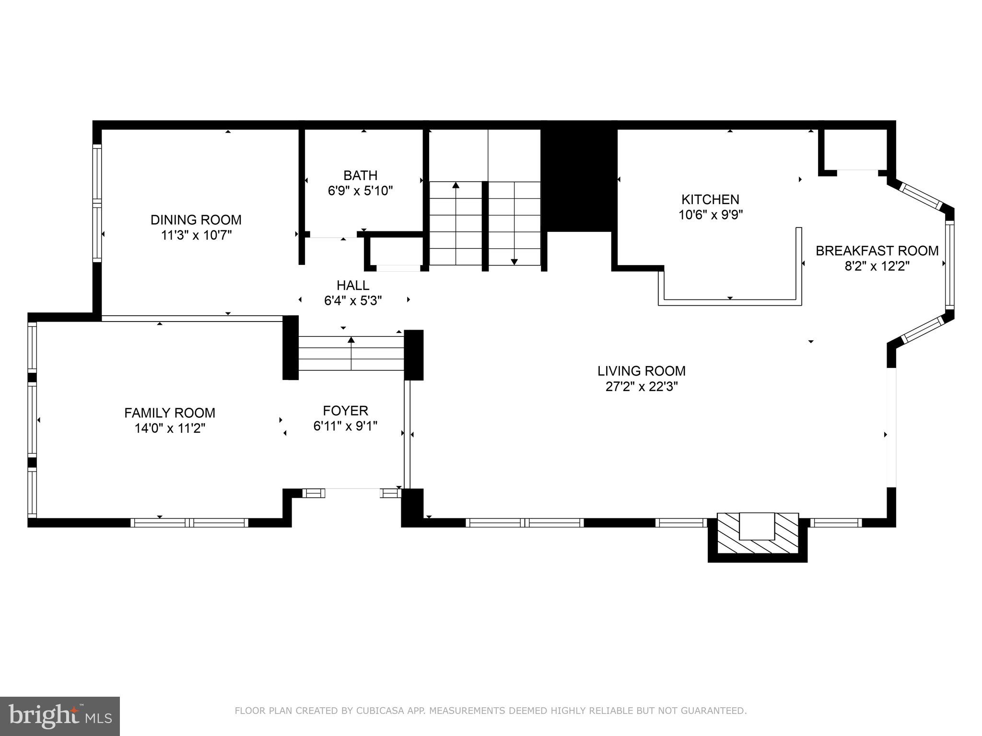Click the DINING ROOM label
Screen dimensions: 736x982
pos(196,220)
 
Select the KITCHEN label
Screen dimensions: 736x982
pos(710,199)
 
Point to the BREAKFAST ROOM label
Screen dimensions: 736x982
pos(877,251)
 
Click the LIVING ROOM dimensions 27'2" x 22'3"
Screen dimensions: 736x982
pos(641,387)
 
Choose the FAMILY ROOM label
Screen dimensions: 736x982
pos(170,413)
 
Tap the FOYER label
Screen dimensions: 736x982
pos(345,411)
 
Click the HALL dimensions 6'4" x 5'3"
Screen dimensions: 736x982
pos(353,301)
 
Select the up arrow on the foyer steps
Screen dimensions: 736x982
pos(351,340)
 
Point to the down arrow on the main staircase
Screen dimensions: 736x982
pos(514,261)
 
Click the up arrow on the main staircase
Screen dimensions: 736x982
pos(456,185)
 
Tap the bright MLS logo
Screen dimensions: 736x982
pos(59,716)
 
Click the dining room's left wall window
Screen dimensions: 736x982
pos(97,203)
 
